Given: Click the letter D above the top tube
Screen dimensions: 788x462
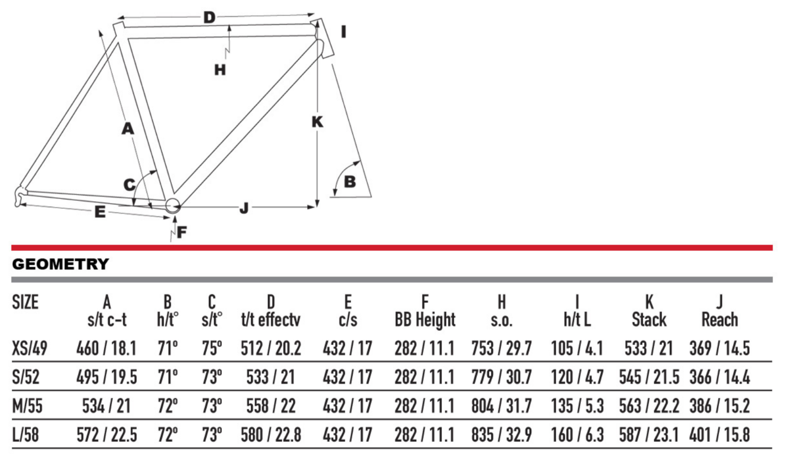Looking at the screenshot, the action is click(x=209, y=17).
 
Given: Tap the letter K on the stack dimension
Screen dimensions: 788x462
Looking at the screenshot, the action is click(x=317, y=122).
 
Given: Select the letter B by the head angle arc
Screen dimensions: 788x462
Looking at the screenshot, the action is click(x=350, y=182).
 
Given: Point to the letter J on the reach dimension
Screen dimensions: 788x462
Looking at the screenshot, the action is click(x=244, y=208).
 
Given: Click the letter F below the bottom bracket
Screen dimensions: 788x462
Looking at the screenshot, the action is click(x=181, y=232).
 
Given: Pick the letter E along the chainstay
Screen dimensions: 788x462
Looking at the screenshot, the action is click(x=100, y=212).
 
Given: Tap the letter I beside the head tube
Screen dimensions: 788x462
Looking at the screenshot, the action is click(x=344, y=32).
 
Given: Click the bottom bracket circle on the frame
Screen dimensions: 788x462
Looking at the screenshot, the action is click(x=173, y=205).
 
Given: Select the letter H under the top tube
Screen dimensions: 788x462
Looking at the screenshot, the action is click(x=220, y=70).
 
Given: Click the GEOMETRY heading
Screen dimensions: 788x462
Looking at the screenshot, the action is click(x=61, y=264).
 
